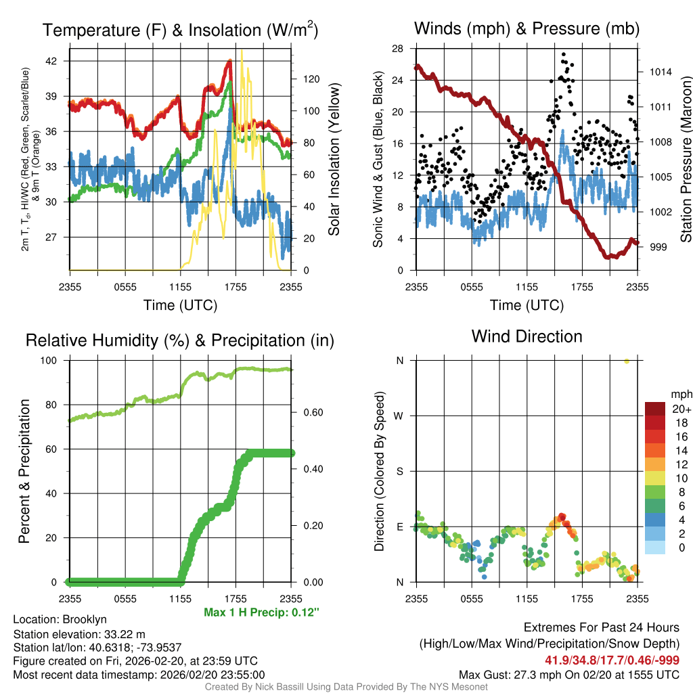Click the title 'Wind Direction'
pos(527,336)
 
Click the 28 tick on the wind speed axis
pos(398,49)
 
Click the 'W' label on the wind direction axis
pos(400,416)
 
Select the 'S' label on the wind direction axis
pos(400,472)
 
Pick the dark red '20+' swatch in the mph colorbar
pos(654,409)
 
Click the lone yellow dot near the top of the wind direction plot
pos(627,361)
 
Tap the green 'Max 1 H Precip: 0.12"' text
pos(261,612)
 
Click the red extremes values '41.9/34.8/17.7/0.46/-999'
pos(612,660)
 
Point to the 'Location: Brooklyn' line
pos(60,619)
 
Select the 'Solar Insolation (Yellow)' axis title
pos(334,160)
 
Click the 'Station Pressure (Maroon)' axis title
pos(685,160)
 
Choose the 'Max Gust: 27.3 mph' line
pos(569,674)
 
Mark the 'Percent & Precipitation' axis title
pos(24,471)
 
